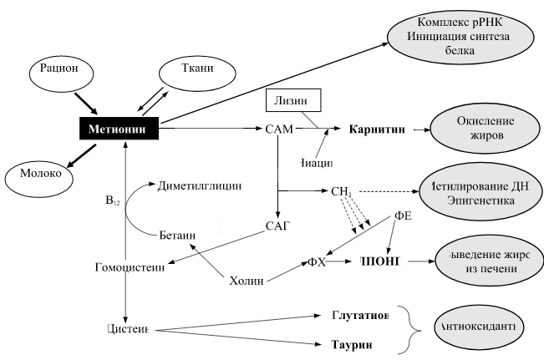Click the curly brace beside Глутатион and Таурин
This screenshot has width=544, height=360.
pos(409,329)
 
